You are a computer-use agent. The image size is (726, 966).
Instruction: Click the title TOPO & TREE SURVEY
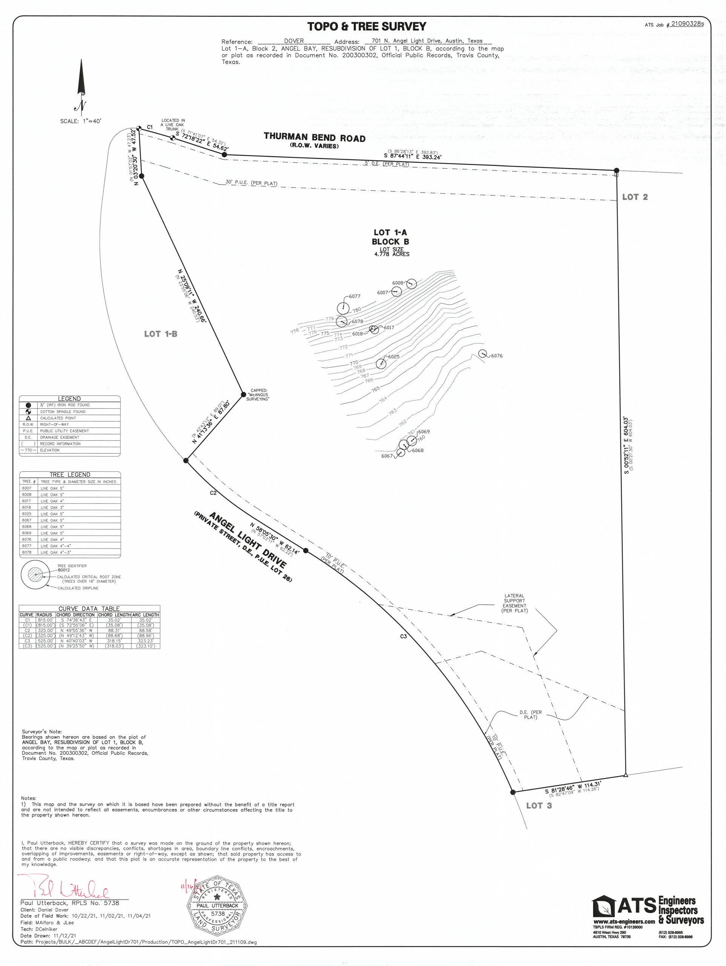[x=366, y=27]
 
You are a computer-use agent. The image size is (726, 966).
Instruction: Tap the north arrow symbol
[x=81, y=86]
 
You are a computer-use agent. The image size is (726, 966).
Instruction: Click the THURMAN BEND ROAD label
[x=314, y=138]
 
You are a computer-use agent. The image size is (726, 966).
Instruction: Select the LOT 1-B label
[x=161, y=334]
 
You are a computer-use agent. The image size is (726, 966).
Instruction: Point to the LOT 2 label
[x=635, y=197]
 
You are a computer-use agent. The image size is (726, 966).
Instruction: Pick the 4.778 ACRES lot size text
[x=391, y=254]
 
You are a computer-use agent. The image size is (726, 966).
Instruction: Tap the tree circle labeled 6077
[x=343, y=308]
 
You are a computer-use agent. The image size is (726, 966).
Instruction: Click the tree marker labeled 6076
[x=482, y=353]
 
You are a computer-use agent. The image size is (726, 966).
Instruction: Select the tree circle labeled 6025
[x=381, y=364]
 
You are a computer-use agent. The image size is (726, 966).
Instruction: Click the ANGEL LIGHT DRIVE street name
[x=247, y=540]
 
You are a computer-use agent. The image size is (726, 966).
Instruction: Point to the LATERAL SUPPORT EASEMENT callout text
[x=514, y=603]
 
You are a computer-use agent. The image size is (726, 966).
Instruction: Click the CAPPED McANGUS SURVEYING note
[x=258, y=395]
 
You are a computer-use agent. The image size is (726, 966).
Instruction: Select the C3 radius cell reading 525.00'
[x=45, y=641]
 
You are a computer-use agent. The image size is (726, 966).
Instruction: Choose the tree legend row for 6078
[x=70, y=552]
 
